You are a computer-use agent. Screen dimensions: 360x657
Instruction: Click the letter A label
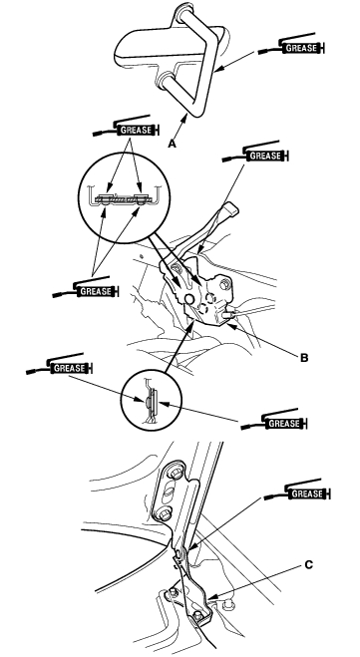pos(172,144)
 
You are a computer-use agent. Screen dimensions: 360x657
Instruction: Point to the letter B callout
pos(304,358)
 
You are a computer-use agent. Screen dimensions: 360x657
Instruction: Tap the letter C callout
pos(308,565)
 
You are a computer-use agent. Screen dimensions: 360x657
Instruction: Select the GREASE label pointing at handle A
pos(301,48)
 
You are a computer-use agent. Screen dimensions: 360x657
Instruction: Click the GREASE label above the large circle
pos(136,130)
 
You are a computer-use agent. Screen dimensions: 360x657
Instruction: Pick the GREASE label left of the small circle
pos(69,368)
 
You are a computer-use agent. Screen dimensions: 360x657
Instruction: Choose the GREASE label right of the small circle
pos(284,423)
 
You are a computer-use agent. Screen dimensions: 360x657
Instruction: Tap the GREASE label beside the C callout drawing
pos(307,493)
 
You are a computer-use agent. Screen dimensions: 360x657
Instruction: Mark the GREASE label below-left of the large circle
pos(95,291)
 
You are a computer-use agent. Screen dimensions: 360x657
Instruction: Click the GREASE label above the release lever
pos(265,156)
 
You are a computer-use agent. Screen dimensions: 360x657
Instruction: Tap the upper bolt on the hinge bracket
pos(176,474)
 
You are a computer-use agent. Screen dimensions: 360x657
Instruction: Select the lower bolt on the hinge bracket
pos(166,513)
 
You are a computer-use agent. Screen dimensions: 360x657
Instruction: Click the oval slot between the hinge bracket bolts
pos(171,493)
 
